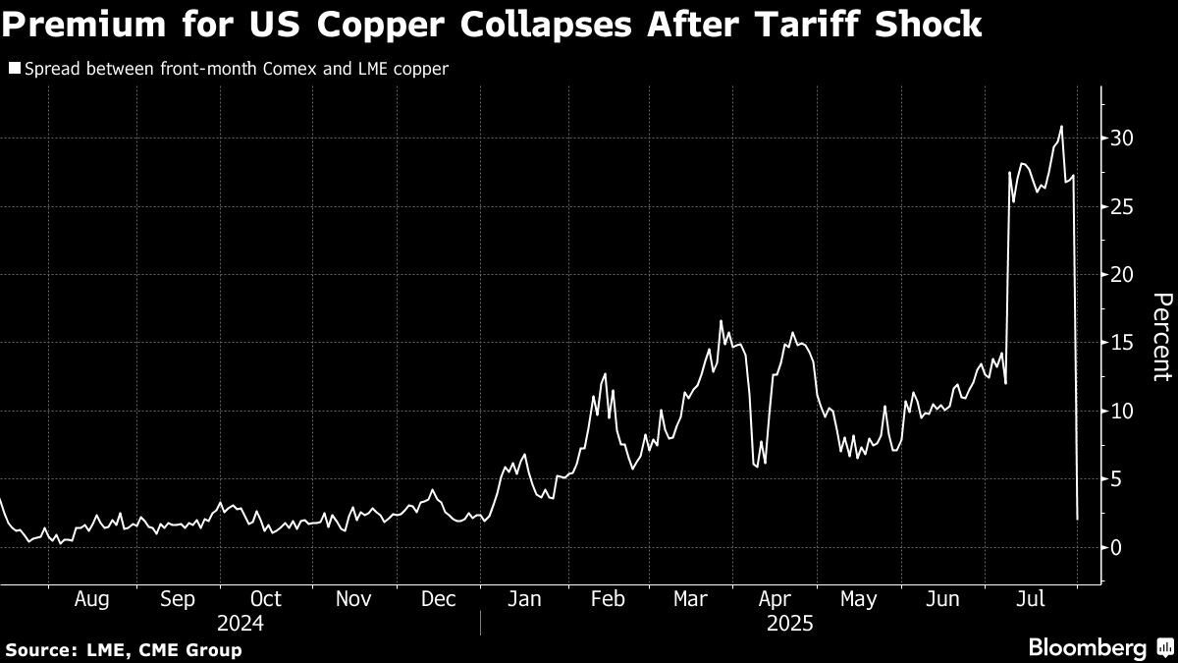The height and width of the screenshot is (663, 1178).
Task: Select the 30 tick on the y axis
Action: pyautogui.click(x=1121, y=138)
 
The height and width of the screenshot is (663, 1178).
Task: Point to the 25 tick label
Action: pyautogui.click(x=1121, y=206)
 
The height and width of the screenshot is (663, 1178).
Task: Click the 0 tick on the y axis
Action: pyautogui.click(x=1116, y=547)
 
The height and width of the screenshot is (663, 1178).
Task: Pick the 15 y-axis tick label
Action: pyautogui.click(x=1121, y=343)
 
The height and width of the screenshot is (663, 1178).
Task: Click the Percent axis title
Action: pyautogui.click(x=1161, y=336)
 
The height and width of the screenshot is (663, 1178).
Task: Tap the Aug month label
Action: pyautogui.click(x=91, y=599)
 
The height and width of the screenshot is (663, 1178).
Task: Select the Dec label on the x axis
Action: pyautogui.click(x=437, y=599)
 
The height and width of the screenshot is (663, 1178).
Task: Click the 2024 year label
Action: pyautogui.click(x=240, y=622)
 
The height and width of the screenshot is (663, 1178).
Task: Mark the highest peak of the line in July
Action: pyautogui.click(x=1061, y=126)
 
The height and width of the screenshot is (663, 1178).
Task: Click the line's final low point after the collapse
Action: pyautogui.click(x=1077, y=518)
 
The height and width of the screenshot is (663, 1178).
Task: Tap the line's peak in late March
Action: pyautogui.click(x=721, y=321)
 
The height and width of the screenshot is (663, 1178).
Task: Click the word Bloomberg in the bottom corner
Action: pyautogui.click(x=1087, y=647)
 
